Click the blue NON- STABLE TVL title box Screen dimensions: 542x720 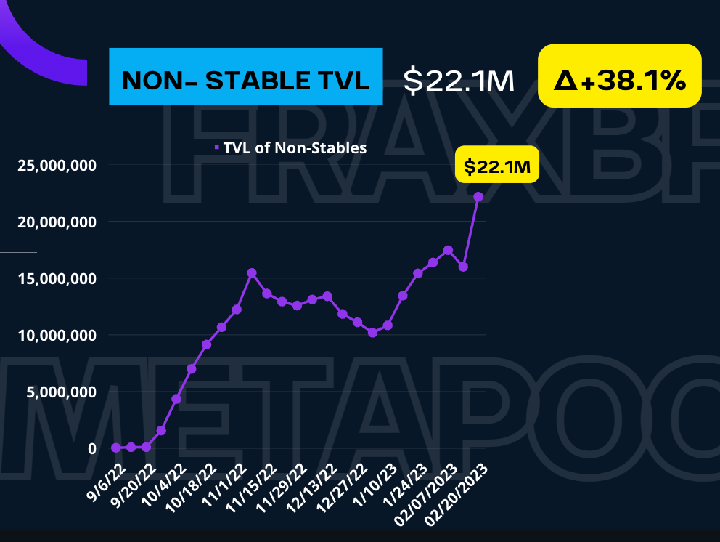[245, 76]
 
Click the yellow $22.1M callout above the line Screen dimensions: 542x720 [497, 167]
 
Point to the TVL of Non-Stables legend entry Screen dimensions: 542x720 [291, 148]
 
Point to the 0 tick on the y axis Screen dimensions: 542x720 [91, 448]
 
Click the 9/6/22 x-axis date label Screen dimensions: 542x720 [101, 476]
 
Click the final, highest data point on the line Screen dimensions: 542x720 [478, 197]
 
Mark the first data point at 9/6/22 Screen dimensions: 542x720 [116, 448]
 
